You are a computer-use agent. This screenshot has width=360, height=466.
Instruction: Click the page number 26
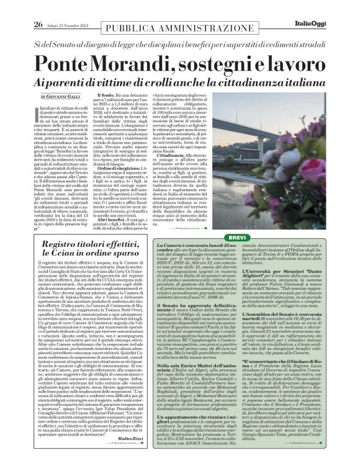(20, 7)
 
